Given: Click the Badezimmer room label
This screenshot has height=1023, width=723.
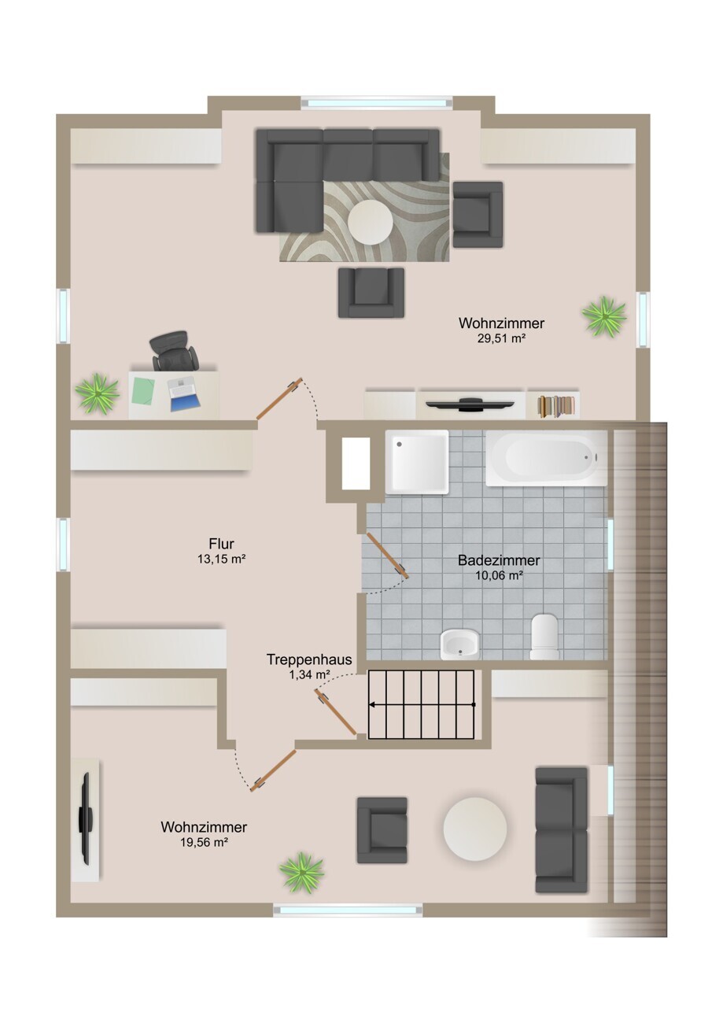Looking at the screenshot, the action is (499, 560).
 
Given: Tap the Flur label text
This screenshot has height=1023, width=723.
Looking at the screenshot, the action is (221, 544).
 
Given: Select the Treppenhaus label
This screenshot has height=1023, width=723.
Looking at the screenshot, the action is (309, 659).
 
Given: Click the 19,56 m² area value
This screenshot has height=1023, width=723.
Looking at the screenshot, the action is (204, 842).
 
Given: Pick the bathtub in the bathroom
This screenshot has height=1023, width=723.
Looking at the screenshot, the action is (546, 457).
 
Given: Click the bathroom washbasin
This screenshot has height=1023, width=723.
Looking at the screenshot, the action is (459, 644).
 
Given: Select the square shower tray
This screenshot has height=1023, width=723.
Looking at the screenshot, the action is (417, 461).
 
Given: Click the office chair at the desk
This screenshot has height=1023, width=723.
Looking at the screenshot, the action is (175, 351).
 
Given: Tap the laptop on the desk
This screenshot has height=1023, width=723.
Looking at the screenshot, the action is (183, 393).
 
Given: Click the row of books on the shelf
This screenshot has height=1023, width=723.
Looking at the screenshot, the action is (555, 405).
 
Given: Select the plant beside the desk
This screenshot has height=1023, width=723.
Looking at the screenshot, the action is (97, 393).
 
